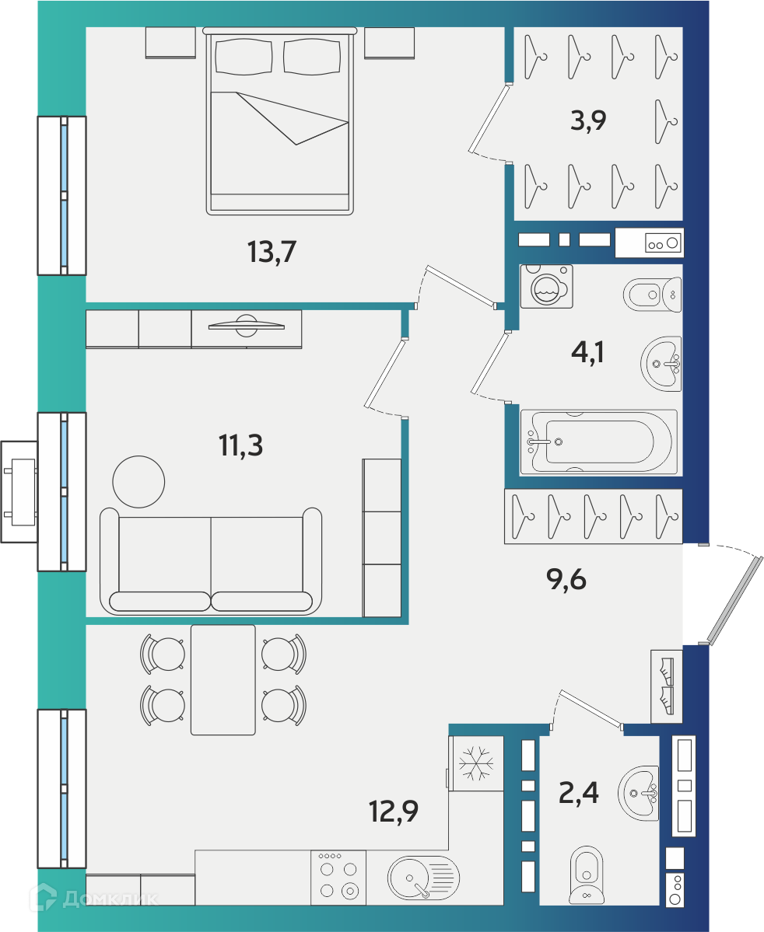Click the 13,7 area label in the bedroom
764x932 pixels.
272,251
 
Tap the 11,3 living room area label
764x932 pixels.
240,445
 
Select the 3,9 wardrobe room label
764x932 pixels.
588,120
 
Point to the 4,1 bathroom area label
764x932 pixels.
587,352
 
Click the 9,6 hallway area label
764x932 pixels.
566,579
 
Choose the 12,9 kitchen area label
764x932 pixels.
394,811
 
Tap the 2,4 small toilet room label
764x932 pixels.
578,792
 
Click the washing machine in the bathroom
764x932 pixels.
546,287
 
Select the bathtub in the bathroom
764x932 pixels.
598,442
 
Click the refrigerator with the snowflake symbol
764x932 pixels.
476,763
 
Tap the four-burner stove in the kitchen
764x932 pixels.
338,878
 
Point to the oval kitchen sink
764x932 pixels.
423,878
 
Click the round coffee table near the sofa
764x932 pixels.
138,481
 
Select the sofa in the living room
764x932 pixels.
211,560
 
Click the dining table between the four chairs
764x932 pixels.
223,679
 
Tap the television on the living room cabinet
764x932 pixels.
246,325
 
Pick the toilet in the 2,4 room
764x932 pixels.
586,875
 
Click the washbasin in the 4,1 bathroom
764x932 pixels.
661,363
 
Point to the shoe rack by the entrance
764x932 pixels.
667,686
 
